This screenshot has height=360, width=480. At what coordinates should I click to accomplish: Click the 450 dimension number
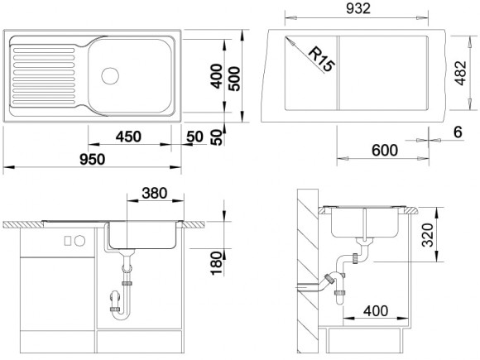click(x=126, y=136)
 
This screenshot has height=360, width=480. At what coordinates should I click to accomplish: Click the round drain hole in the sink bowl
click(x=109, y=75)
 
